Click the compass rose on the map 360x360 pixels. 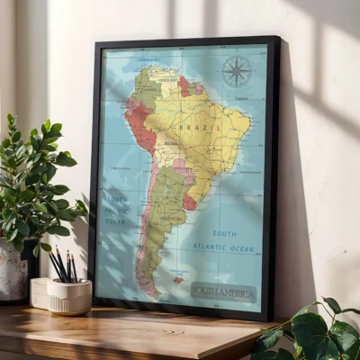pyautogui.click(x=237, y=71)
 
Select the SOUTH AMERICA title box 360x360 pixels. pyautogui.click(x=223, y=292)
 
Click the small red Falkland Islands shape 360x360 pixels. pyautogui.click(x=178, y=280)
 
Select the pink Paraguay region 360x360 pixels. pyautogui.click(x=181, y=167)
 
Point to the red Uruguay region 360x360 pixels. pyautogui.click(x=190, y=202)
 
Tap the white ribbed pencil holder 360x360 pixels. pyautogui.click(x=69, y=296)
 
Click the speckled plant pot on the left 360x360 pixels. pyautogui.click(x=13, y=274)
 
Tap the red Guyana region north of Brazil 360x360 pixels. pyautogui.click(x=184, y=85)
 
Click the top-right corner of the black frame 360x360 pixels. pyautogui.click(x=277, y=39)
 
